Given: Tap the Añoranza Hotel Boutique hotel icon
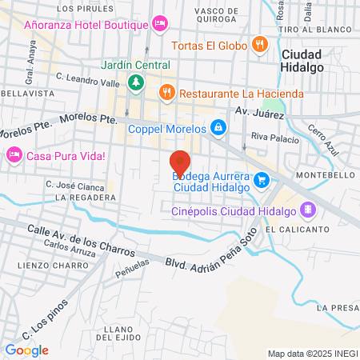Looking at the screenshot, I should tap(159, 23).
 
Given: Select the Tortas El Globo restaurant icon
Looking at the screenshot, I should tap(258, 45).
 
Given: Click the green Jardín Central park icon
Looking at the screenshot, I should tap(136, 81).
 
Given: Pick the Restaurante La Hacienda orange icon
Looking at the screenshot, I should tap(166, 93).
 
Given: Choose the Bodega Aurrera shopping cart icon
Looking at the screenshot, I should tap(261, 180).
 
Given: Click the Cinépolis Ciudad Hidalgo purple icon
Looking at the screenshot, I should tap(308, 210).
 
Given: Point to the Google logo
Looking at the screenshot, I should tap(27, 350).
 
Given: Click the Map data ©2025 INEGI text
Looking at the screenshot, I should tap(311, 354).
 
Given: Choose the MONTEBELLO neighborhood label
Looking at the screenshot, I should tap(320, 174).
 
